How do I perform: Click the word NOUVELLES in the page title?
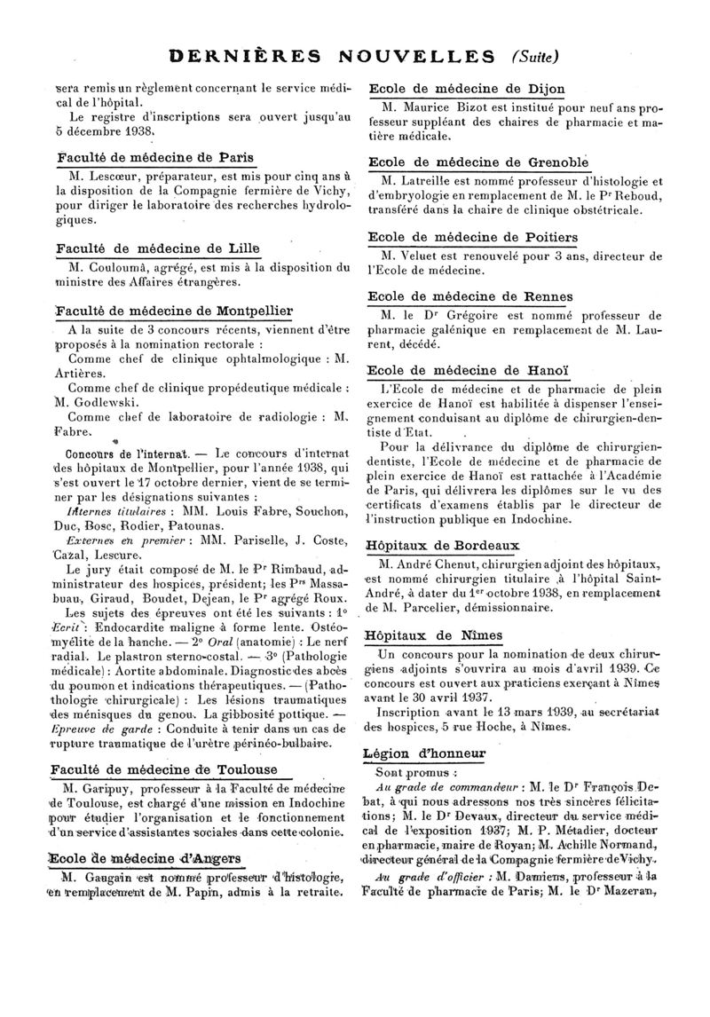(414, 57)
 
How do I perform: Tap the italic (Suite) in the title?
(536, 57)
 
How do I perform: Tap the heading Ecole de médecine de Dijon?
(466, 89)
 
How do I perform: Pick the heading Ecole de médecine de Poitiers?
(472, 237)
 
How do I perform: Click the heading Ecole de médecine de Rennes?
(470, 296)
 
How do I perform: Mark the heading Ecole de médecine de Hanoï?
(467, 370)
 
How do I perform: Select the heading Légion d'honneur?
(424, 753)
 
